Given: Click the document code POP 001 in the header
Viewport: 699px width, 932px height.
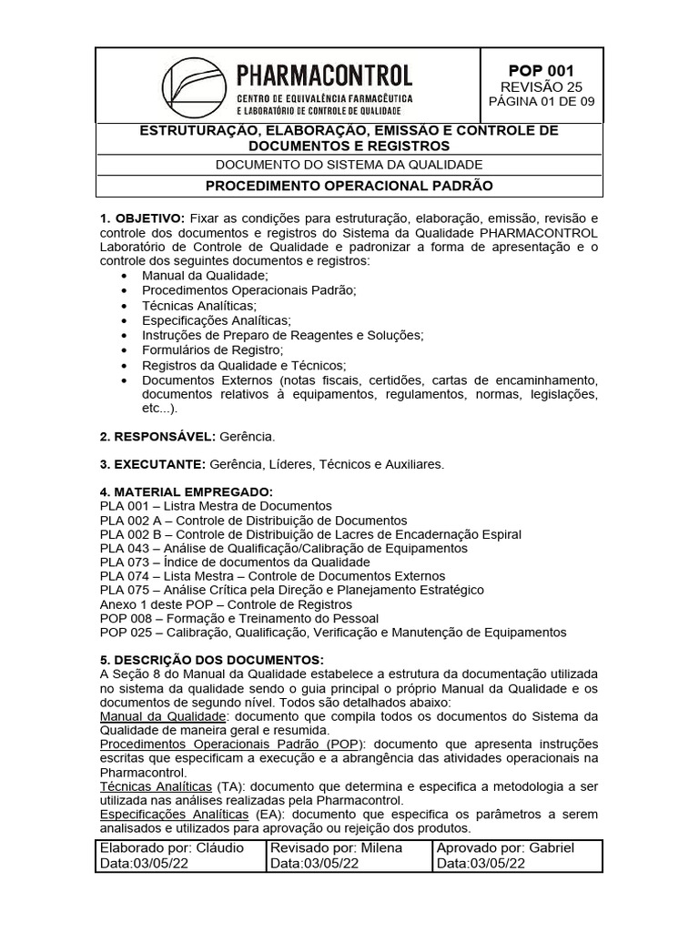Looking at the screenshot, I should click(x=541, y=70).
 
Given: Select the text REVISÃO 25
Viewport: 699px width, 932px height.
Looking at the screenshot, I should click(x=541, y=86).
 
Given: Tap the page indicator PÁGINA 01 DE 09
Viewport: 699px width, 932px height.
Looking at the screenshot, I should click(x=541, y=101).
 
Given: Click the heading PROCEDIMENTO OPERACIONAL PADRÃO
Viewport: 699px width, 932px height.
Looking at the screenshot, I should click(x=349, y=186).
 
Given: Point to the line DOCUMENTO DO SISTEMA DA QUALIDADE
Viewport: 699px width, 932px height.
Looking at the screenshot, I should click(x=349, y=164).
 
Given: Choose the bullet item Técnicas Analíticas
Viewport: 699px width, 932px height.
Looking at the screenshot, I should click(x=199, y=305).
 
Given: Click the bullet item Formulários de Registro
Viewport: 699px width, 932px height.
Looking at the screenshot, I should click(x=213, y=350).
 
